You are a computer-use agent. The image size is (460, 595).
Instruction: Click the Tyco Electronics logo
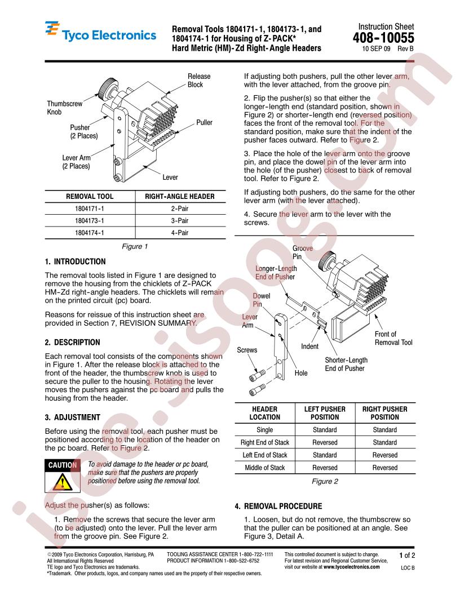click(x=100, y=32)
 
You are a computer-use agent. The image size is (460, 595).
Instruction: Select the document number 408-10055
click(x=383, y=38)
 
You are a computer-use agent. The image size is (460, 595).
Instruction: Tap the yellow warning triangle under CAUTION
click(x=62, y=482)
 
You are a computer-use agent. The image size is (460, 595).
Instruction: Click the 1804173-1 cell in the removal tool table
click(x=90, y=220)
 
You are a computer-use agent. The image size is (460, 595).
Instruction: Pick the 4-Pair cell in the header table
click(x=180, y=233)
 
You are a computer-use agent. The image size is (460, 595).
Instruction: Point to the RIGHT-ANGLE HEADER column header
click(x=180, y=196)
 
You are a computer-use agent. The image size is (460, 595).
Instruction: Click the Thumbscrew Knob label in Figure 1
click(x=64, y=108)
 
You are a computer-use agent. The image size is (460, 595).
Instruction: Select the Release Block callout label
click(x=199, y=81)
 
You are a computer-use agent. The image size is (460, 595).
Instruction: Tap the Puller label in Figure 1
click(x=204, y=123)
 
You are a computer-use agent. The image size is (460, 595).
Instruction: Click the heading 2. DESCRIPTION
click(x=73, y=342)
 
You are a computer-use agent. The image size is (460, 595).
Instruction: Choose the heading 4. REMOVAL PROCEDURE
click(x=278, y=506)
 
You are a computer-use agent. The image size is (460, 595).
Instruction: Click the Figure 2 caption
click(x=325, y=481)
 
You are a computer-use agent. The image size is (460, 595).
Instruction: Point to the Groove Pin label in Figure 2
click(x=303, y=252)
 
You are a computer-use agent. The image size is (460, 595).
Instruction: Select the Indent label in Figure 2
click(x=309, y=346)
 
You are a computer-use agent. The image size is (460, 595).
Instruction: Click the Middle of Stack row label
click(x=264, y=468)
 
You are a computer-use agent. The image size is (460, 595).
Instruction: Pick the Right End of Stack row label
click(x=264, y=442)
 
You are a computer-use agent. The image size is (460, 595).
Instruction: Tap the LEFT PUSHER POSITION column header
click(x=325, y=413)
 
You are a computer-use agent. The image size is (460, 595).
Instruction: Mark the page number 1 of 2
click(x=407, y=556)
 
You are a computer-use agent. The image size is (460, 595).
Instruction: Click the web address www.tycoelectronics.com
click(x=351, y=567)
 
